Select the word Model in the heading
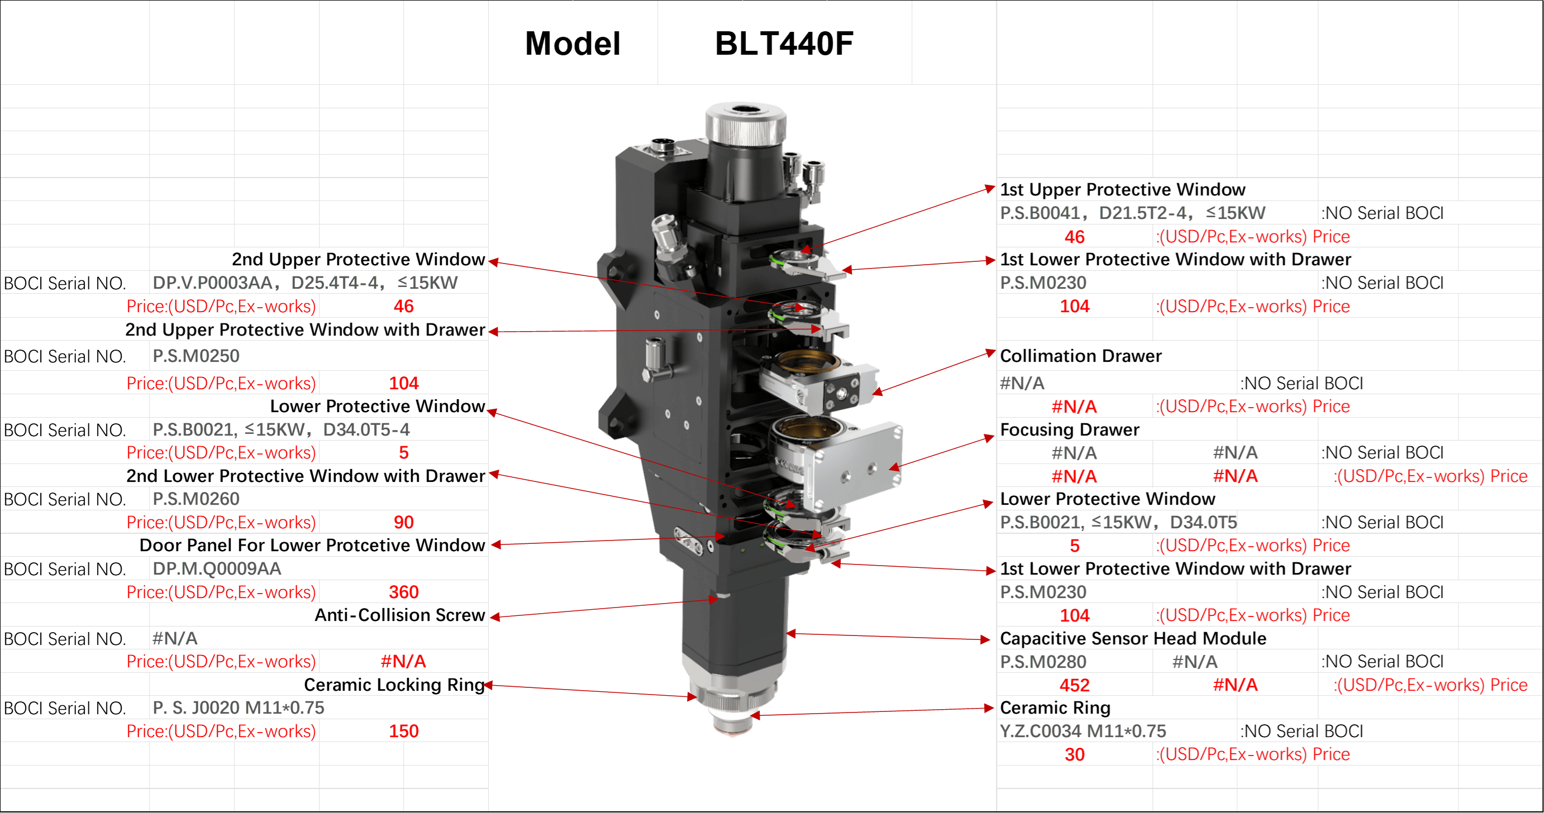(573, 44)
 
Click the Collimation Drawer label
(1081, 356)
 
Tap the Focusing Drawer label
(1070, 429)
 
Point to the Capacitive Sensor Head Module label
(1133, 639)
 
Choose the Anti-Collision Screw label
(400, 615)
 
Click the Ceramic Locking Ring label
(394, 685)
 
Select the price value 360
(403, 592)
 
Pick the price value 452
(1074, 685)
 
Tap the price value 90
(403, 523)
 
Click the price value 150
(403, 731)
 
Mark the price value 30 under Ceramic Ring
(1074, 754)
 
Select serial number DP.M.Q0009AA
(216, 568)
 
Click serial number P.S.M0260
(196, 499)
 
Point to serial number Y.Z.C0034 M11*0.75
(1083, 731)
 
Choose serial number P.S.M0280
(1043, 662)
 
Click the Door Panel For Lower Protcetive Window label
(312, 545)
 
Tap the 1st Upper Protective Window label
(1123, 190)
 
